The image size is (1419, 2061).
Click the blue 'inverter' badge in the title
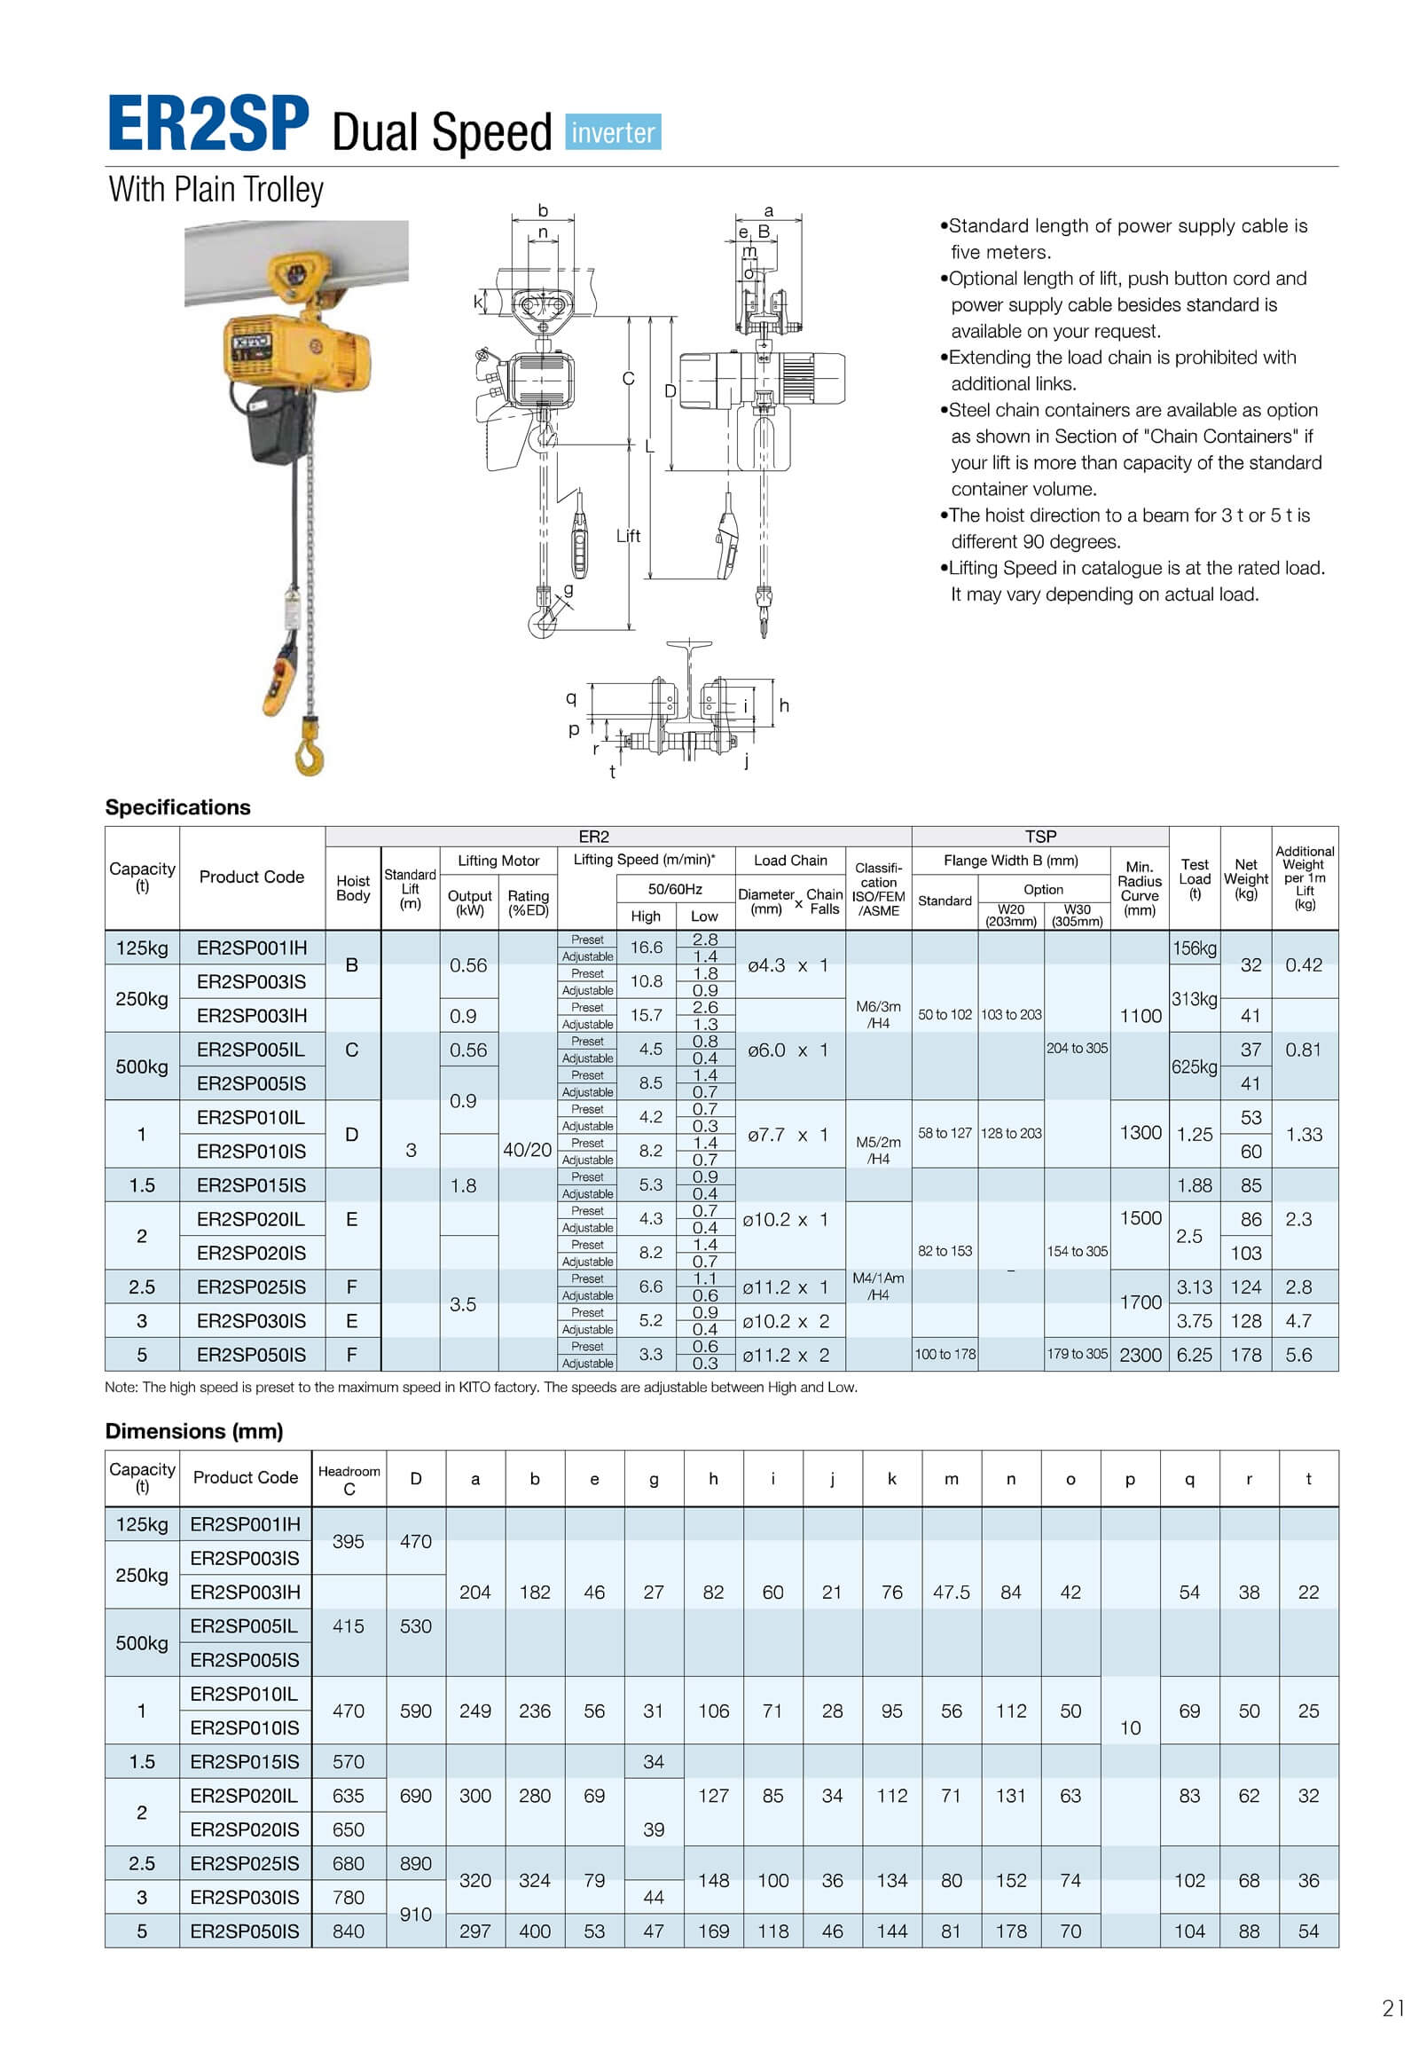coord(613,131)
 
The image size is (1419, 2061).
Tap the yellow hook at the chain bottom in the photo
coord(310,749)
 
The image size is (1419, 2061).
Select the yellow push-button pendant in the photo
coord(281,678)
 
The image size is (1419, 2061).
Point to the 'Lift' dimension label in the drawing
coord(628,536)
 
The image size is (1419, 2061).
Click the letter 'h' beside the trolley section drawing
coord(784,705)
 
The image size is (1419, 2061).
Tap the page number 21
coord(1393,2008)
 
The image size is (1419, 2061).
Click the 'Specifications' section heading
coord(178,806)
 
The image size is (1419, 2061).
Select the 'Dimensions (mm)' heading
coord(194,1430)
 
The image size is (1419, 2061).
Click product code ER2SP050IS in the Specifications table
coord(251,1355)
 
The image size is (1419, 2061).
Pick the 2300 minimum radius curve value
coord(1140,1355)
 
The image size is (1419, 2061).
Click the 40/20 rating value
coord(527,1149)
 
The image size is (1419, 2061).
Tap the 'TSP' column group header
coord(1040,836)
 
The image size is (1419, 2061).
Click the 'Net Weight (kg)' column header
coord(1246,879)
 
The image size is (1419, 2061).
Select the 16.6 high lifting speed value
coord(647,948)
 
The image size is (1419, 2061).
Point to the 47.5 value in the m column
coord(952,1593)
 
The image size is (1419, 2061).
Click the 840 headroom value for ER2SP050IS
coord(349,1931)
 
